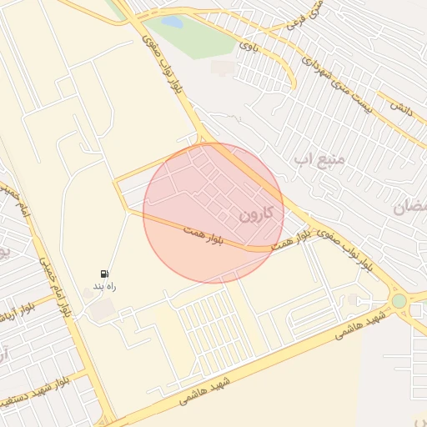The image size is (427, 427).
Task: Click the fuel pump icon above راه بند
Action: pyautogui.click(x=104, y=274)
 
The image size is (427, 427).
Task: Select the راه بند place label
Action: pyautogui.click(x=98, y=286)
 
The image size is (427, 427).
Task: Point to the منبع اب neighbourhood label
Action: pyautogui.click(x=314, y=157)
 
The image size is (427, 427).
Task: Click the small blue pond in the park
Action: pyautogui.click(x=172, y=22)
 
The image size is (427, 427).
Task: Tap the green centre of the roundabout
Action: pyautogui.click(x=399, y=300)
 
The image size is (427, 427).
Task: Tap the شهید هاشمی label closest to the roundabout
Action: pyautogui.click(x=361, y=325)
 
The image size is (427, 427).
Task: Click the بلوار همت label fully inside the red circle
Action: pyautogui.click(x=205, y=237)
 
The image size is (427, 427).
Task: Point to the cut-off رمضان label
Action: pyautogui.click(x=413, y=206)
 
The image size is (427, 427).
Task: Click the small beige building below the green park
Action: pyautogui.click(x=223, y=68)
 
